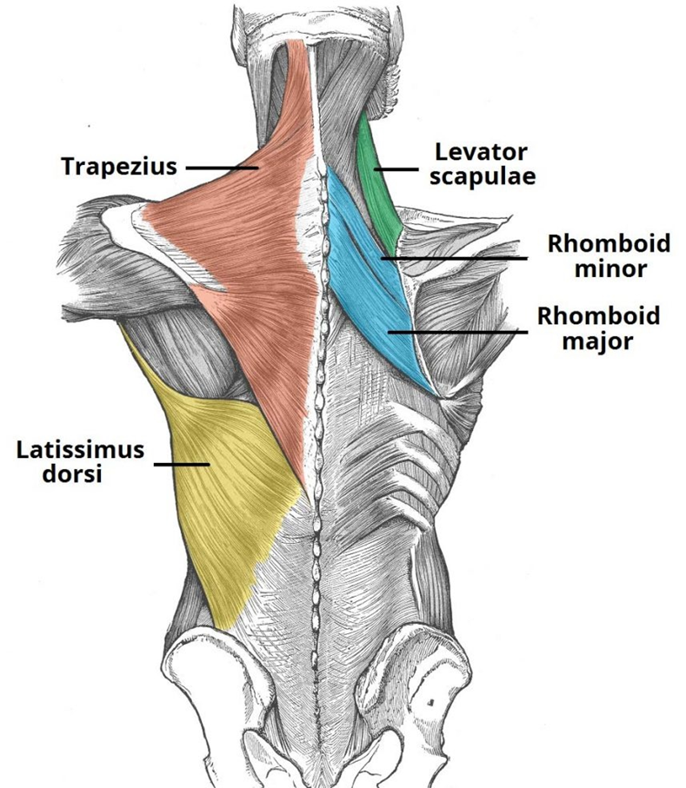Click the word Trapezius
119,166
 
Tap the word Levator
474,152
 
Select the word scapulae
483,177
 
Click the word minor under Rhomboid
610,268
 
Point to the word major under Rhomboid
597,341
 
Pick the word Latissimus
81,450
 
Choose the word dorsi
72,473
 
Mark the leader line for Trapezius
222,168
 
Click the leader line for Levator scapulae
396,169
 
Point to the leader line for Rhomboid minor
454,258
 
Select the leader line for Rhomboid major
457,332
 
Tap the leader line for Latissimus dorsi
182,464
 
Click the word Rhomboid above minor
609,244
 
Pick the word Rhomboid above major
598,316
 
